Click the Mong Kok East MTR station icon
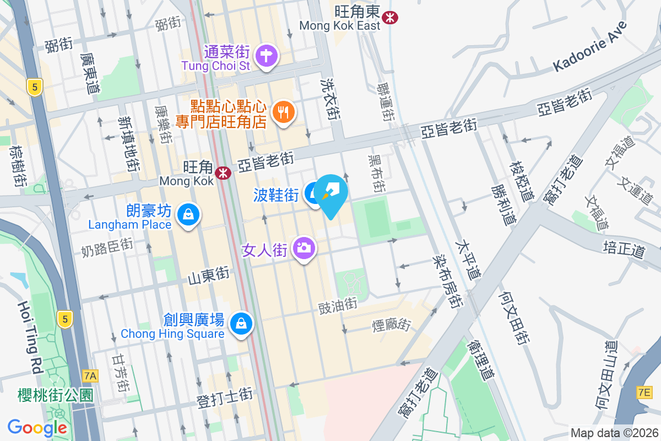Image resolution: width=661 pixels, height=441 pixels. (391, 18)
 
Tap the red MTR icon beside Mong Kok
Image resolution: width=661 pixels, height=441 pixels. (223, 173)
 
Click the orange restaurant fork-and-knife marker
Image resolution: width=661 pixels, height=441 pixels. (284, 112)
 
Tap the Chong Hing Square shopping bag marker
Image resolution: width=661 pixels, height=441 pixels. (241, 323)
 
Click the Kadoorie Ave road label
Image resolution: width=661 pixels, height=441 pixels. (590, 46)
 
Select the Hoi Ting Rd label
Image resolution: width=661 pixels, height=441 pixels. (30, 337)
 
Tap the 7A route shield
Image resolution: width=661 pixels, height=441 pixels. (90, 376)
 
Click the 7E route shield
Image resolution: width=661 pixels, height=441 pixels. (644, 392)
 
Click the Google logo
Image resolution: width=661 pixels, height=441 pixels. (37, 427)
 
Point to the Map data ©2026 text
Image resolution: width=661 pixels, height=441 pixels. (614, 433)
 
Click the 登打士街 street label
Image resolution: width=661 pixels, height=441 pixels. (225, 398)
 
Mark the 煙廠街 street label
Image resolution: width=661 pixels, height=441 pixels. (391, 325)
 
